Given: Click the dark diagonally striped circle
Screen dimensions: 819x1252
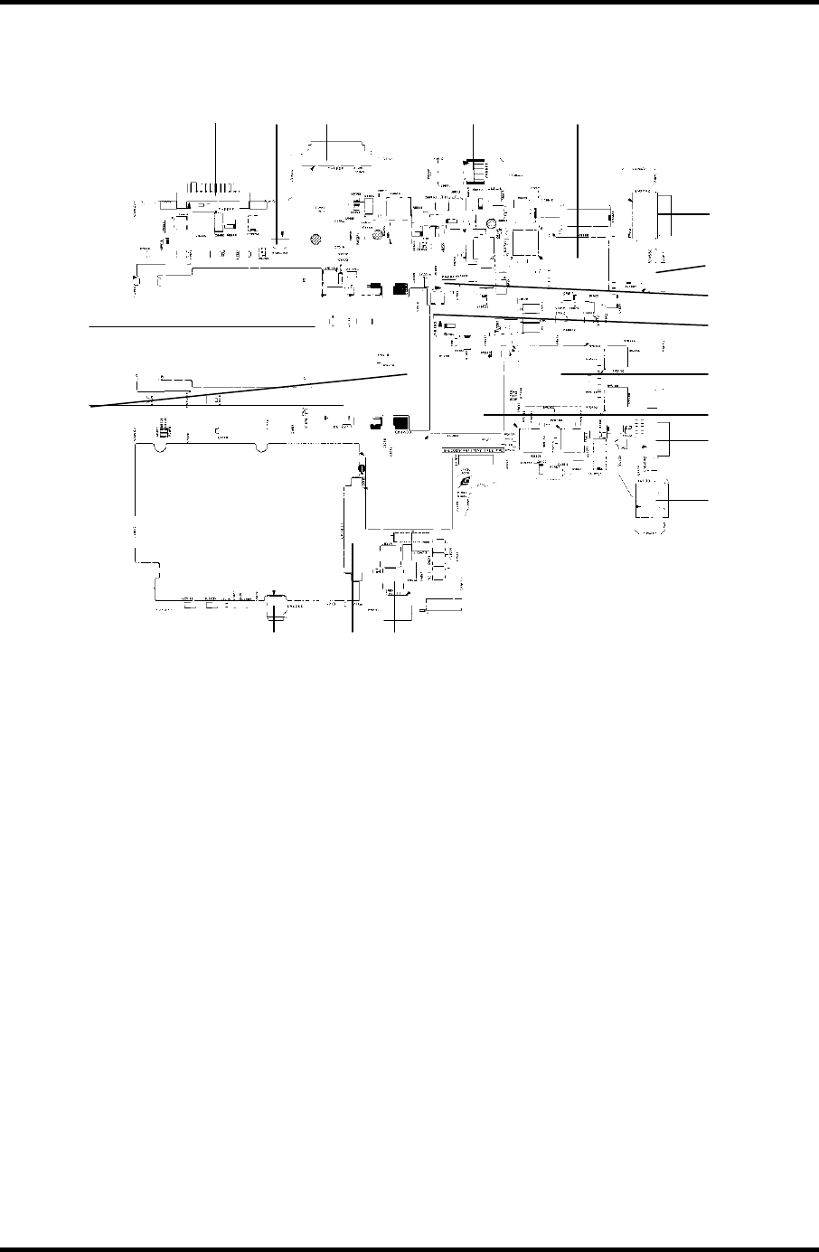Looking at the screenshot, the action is point(488,223).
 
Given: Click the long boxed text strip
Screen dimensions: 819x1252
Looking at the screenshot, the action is point(472,448).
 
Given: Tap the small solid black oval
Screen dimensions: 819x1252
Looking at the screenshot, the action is point(362,467).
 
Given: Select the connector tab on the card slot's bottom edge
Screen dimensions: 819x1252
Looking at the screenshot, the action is point(275,604).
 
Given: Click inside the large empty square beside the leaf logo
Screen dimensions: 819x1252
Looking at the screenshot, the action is point(409,484).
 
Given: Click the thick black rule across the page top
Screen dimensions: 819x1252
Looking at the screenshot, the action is point(409,2).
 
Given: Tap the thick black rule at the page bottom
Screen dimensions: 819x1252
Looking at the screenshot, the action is point(409,1249).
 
